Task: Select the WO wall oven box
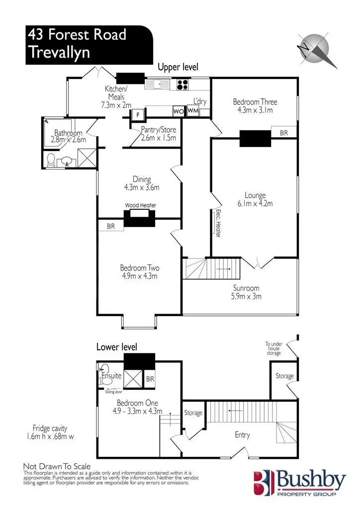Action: [x=178, y=111]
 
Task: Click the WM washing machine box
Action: [x=193, y=110]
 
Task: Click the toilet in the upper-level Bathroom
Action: [x=51, y=160]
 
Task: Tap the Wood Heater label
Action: [x=140, y=205]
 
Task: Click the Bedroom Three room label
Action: [x=255, y=102]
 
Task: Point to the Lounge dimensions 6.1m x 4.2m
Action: [x=255, y=203]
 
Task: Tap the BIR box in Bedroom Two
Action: [x=110, y=226]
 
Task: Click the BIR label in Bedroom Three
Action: [x=283, y=133]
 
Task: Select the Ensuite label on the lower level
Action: [x=111, y=376]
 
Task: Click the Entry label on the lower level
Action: [x=242, y=435]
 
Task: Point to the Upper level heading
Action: [x=178, y=67]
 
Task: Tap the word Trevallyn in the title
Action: [x=60, y=52]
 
